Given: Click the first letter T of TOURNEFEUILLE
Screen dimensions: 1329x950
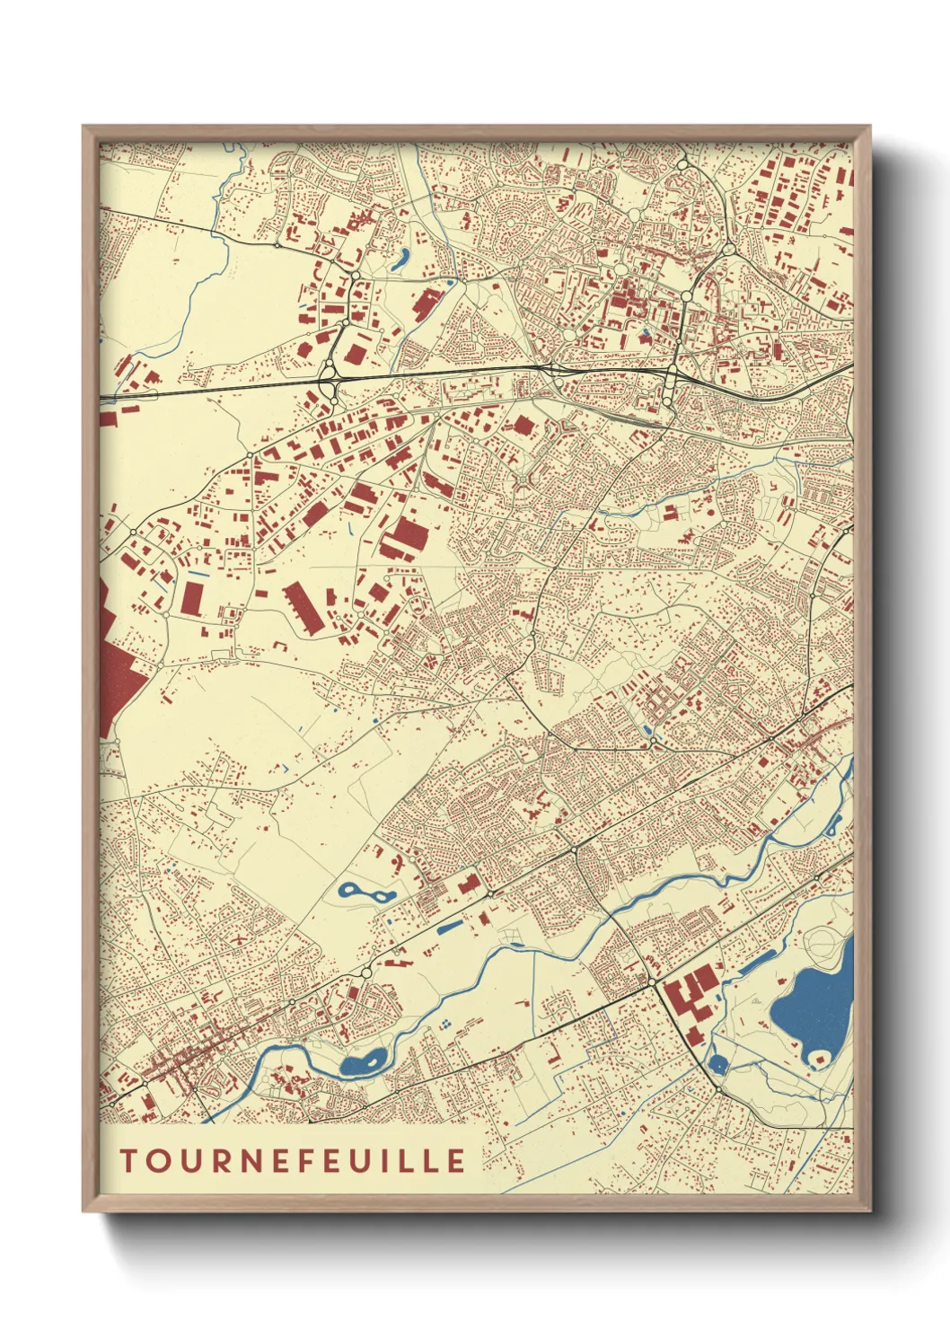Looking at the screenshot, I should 128,1160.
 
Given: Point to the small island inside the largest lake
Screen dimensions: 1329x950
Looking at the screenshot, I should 818,1058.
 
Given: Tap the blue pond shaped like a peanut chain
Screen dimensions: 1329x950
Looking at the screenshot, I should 366,893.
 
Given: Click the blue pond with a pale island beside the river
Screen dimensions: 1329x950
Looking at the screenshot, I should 363,1064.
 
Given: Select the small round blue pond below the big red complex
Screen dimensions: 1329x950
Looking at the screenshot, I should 717,1065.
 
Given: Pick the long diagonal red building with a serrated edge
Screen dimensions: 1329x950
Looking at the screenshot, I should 303,608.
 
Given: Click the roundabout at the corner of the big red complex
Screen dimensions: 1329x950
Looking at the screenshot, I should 653,983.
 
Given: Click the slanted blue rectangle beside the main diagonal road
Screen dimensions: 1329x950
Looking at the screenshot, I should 448,926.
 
